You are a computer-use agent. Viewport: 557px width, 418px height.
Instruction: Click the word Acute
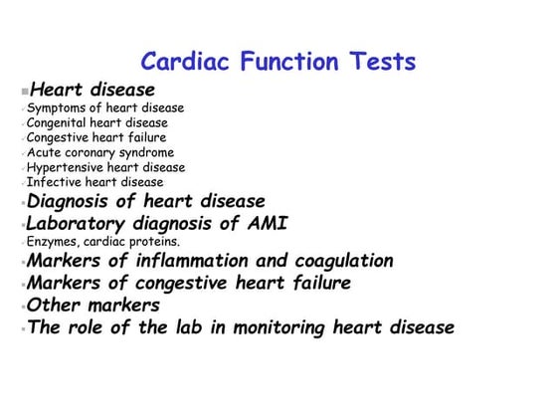pos(45,152)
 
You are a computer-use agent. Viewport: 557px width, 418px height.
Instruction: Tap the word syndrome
pos(142,152)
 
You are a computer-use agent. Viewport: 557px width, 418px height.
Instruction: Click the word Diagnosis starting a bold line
pos(76,202)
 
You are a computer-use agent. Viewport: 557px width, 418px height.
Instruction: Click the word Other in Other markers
pos(52,305)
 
